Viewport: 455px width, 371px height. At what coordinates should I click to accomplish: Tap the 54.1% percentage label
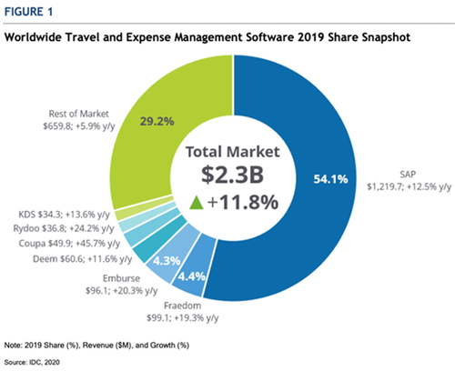click(330, 179)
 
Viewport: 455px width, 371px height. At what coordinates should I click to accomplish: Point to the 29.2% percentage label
click(157, 122)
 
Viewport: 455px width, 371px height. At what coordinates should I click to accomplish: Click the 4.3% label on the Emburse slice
click(167, 261)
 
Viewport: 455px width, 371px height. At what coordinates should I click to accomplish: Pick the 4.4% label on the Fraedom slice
click(191, 276)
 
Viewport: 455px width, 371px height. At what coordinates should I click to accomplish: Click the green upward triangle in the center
click(196, 203)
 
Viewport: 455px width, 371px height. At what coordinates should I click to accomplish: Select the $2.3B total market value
click(233, 175)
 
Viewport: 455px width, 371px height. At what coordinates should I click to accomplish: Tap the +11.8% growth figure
click(243, 203)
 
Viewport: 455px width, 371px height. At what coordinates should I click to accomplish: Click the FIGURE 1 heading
click(28, 12)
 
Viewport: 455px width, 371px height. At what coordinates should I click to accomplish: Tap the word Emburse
click(121, 278)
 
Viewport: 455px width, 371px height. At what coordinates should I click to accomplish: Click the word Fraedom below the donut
click(183, 306)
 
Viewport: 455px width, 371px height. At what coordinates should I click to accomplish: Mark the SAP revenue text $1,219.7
click(385, 186)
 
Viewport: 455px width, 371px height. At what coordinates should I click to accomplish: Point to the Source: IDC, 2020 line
click(32, 362)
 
